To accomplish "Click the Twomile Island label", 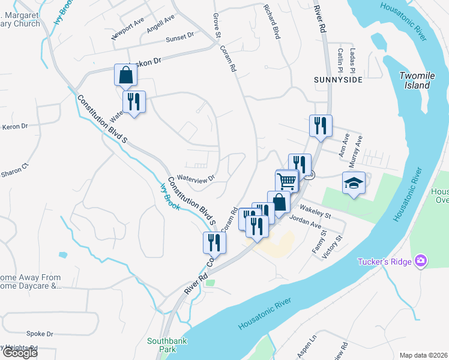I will pyautogui.click(x=415, y=80).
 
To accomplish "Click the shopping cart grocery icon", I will pyautogui.click(x=287, y=180).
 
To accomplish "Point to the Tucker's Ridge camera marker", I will pyautogui.click(x=422, y=260).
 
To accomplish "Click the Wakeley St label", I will pyautogui.click(x=316, y=214).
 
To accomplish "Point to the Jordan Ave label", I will pyautogui.click(x=305, y=223).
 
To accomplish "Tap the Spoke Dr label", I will pyautogui.click(x=40, y=334).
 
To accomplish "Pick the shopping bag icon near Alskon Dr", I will pyautogui.click(x=126, y=76).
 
